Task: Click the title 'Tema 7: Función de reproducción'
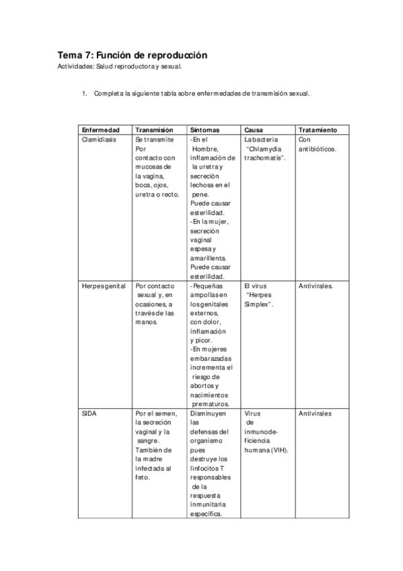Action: [133, 55]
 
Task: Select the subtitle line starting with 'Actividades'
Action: [120, 67]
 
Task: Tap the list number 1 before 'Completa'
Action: [84, 94]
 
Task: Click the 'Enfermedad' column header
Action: [100, 130]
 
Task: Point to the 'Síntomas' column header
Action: [204, 130]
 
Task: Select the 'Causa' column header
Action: [254, 130]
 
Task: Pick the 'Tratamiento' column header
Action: [318, 130]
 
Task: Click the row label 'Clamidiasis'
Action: [99, 139]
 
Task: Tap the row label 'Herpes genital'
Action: [104, 285]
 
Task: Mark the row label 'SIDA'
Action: [88, 413]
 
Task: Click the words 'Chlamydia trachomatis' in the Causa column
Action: [264, 154]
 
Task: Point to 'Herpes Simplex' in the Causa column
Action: [260, 300]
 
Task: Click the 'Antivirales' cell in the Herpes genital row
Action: [316, 285]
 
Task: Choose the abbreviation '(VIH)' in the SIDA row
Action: [278, 450]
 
